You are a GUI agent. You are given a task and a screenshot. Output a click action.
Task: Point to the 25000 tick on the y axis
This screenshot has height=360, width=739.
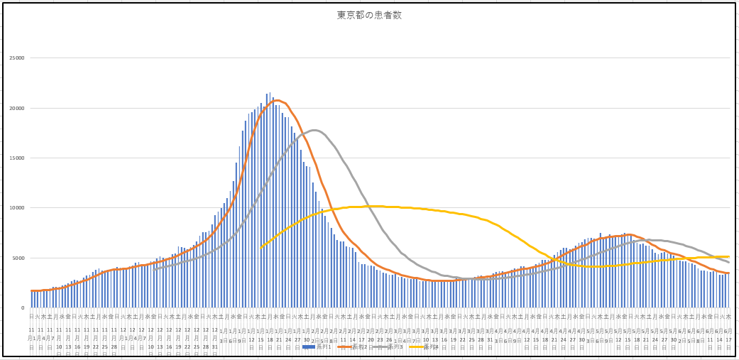point(16,58)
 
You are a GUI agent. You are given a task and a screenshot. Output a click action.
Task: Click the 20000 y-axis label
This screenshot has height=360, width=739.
point(16,108)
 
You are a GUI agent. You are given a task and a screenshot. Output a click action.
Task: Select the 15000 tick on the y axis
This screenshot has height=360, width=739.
point(16,158)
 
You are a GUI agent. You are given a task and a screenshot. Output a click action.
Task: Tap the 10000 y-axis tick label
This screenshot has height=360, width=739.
point(16,208)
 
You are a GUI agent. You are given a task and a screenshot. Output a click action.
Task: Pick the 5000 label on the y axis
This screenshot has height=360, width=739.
point(17,258)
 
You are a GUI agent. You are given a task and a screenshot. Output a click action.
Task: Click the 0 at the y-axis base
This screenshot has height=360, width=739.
point(21,308)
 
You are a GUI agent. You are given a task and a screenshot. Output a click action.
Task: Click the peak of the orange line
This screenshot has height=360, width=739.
point(277,100)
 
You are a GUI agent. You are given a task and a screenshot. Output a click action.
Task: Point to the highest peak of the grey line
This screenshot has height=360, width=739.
point(314,130)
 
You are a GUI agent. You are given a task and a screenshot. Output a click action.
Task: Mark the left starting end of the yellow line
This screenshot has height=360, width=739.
point(261,247)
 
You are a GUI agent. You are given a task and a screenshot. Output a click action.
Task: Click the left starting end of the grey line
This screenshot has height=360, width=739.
point(154,269)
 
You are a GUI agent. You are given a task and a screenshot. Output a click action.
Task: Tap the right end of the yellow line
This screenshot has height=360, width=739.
point(728,256)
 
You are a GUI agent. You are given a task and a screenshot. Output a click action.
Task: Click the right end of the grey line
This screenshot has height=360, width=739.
point(728,263)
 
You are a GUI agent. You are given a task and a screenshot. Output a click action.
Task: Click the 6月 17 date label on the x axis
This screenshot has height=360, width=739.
point(728,335)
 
